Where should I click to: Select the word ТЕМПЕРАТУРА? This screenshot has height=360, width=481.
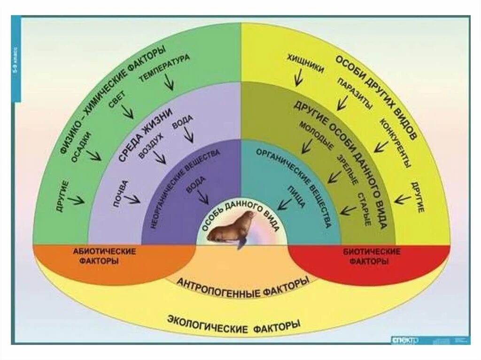pyautogui.click(x=164, y=68)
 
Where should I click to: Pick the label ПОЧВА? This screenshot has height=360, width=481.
pyautogui.click(x=119, y=193)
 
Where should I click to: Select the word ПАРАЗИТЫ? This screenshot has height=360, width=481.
pyautogui.click(x=355, y=93)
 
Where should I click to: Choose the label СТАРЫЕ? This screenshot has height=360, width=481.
pyautogui.click(x=365, y=209)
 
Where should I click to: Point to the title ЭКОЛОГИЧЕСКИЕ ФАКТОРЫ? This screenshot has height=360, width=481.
pyautogui.click(x=233, y=324)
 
